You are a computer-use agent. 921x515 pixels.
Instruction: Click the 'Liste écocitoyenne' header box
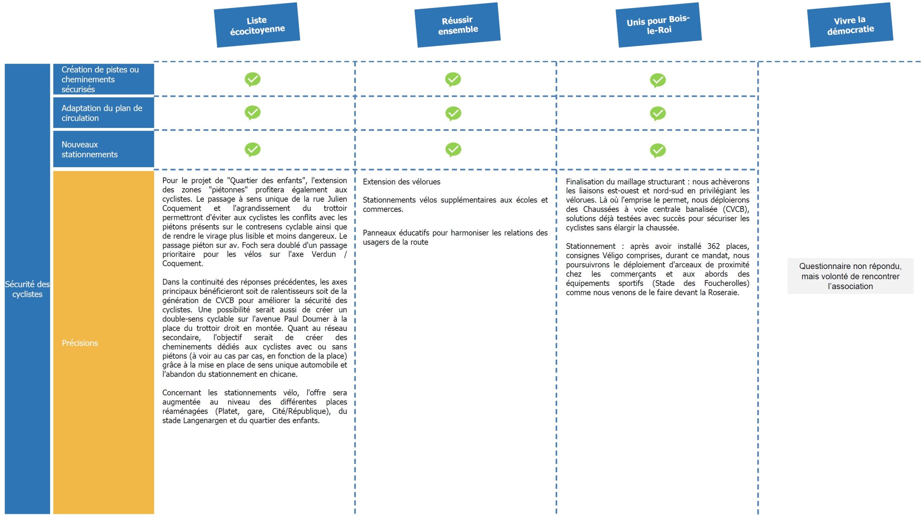point(257,25)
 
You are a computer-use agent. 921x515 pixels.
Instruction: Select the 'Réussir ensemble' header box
point(457,25)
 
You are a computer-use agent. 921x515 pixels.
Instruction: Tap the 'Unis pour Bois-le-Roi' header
point(658,25)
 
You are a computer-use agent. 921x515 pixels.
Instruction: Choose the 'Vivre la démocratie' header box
point(850,25)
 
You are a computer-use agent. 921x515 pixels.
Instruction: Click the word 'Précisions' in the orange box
point(80,343)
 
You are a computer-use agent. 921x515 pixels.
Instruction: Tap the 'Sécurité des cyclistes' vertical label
point(27,289)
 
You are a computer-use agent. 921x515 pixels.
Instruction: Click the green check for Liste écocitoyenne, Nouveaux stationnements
point(253,149)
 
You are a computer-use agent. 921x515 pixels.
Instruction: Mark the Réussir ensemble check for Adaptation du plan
point(453,113)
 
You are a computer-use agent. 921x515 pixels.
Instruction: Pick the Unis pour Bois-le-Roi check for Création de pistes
point(658,80)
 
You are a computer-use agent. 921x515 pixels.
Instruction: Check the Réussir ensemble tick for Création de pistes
point(453,79)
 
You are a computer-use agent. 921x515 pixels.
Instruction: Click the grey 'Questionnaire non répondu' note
point(850,276)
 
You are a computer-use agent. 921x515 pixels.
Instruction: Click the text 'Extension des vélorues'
point(401,182)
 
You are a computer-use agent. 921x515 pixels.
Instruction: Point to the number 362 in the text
point(713,246)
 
